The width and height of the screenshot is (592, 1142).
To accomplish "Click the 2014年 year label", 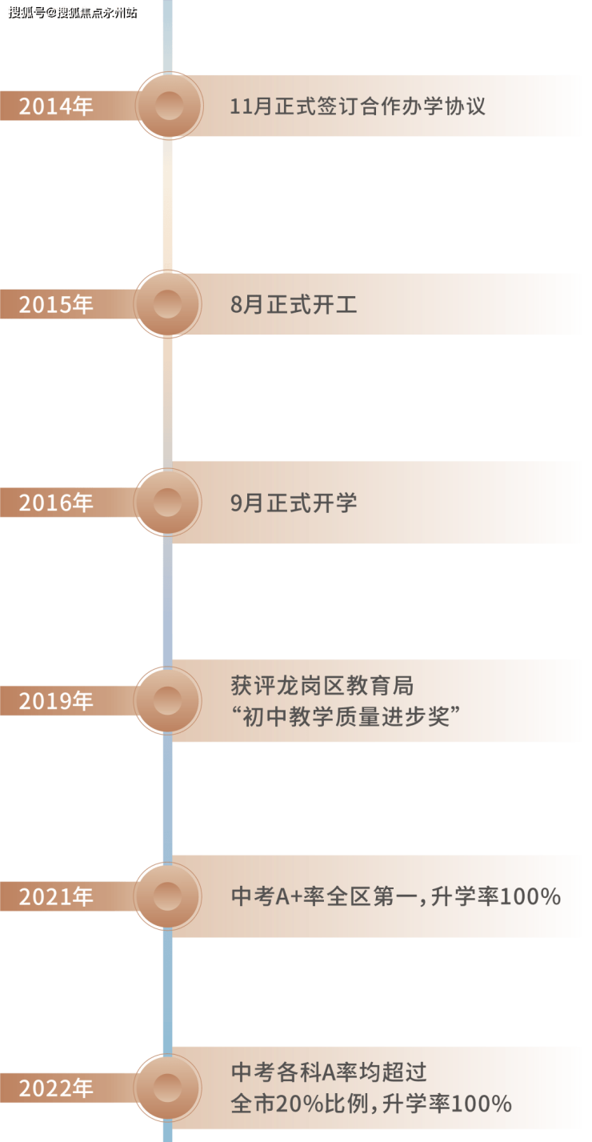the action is point(56,106).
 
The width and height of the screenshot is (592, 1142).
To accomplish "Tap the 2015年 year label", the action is point(56,304).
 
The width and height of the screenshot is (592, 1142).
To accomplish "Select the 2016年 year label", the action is point(56,503).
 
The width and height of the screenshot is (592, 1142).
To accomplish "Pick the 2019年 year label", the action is point(56,701).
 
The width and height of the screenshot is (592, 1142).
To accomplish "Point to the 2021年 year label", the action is point(56,896).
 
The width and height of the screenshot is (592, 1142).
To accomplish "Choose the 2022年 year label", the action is point(56,1088).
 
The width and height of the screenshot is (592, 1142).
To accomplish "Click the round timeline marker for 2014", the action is point(169,106).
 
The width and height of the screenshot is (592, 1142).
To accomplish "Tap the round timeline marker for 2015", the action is point(168,304).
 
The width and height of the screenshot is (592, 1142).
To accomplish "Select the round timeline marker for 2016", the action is point(168,503).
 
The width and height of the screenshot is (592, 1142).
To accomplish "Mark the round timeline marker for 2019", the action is point(168,701).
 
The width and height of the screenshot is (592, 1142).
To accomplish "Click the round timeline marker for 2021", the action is point(168,896).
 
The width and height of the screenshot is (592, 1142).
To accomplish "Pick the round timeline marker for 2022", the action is point(168,1088).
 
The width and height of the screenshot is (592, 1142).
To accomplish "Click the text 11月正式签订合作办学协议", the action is point(358,106).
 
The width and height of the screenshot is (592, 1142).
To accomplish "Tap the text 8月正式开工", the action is point(294,304).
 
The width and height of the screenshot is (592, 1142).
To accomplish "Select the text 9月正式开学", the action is point(294,503).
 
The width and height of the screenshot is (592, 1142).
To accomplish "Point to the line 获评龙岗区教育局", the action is point(322,686).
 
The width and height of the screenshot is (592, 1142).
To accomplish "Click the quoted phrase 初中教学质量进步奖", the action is point(346,717).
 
